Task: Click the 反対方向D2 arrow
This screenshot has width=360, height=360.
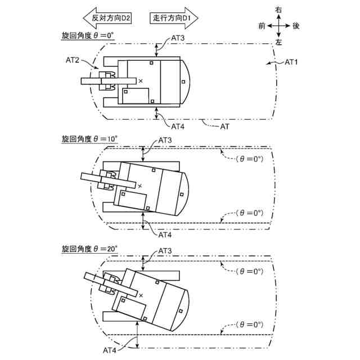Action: pyautogui.click(x=107, y=17)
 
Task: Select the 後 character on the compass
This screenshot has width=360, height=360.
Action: pyautogui.click(x=296, y=26)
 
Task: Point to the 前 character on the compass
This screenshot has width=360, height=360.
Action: pyautogui.click(x=262, y=26)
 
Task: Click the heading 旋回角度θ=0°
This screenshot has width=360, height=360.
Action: pyautogui.click(x=88, y=35)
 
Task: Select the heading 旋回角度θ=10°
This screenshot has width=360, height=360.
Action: pyautogui.click(x=89, y=138)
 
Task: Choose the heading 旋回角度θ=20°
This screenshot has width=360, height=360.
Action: pyautogui.click(x=89, y=247)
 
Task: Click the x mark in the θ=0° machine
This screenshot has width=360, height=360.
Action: pyautogui.click(x=141, y=81)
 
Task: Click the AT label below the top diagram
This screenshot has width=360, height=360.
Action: pyautogui.click(x=224, y=127)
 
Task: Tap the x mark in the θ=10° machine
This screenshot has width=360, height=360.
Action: pyautogui.click(x=140, y=185)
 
